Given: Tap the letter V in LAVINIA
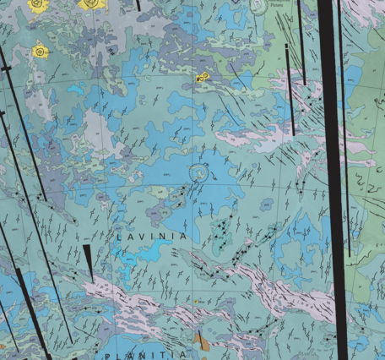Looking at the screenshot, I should [142, 237].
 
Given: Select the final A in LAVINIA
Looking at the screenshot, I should [184, 237].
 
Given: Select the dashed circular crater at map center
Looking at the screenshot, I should [199, 173].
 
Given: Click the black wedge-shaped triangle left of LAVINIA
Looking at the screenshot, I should [89, 260].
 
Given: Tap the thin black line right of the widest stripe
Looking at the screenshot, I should [343, 127].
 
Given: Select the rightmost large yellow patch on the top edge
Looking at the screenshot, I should [89, 4].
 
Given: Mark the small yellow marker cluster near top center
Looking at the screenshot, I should [203, 77].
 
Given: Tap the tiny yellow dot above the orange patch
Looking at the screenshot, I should [197, 300].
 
